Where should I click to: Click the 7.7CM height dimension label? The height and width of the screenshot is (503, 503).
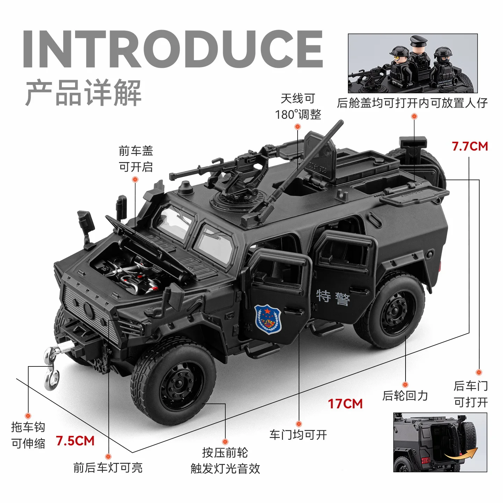469,146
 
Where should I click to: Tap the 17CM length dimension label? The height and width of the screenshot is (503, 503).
345,404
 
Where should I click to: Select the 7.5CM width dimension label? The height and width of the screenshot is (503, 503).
75,441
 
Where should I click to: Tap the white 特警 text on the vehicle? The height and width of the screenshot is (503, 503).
333,298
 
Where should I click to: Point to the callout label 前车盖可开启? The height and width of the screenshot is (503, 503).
136,159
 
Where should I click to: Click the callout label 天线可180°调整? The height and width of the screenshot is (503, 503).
298,107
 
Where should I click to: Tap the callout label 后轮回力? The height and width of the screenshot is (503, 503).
405,396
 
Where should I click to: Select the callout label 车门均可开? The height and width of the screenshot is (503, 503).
298,435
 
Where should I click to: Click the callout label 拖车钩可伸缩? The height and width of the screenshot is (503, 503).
28,435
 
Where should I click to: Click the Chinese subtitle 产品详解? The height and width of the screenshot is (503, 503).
83,93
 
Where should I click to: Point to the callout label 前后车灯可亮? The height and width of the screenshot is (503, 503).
108,468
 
